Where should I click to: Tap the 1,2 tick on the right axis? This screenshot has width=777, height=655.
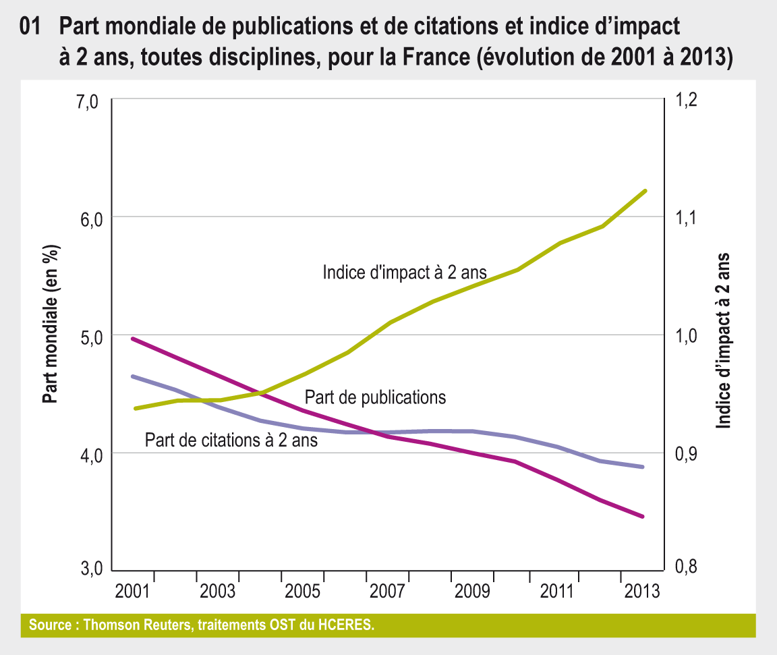(681, 101)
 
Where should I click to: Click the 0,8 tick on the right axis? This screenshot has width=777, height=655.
(681, 569)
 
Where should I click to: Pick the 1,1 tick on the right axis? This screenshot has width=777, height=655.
(681, 218)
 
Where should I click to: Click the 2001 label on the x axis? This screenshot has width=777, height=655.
(132, 592)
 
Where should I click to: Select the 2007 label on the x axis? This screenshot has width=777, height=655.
(387, 592)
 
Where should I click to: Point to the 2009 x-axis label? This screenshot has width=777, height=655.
(472, 592)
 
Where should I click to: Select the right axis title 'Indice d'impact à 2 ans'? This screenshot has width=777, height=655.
(723, 341)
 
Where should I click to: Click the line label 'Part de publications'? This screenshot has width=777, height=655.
(376, 397)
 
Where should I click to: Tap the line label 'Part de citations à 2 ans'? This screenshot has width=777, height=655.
(231, 440)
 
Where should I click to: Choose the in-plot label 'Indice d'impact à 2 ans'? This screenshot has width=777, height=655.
(405, 272)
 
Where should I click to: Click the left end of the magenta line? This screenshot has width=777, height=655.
(133, 339)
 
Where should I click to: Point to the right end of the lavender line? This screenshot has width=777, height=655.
(643, 467)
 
